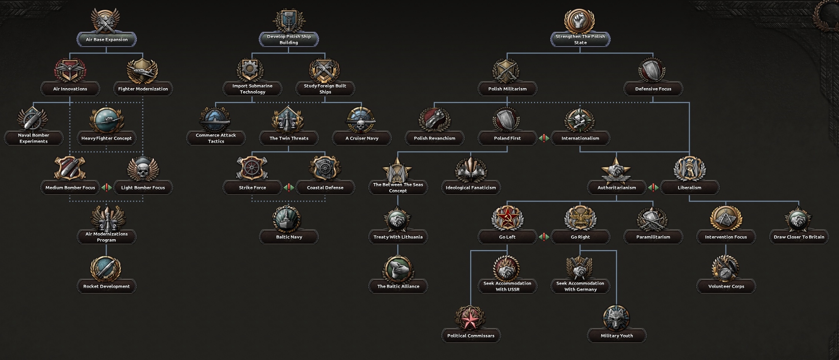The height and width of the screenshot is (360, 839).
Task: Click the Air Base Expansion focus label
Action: coord(107,39)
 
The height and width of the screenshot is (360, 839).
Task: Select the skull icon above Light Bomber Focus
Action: coord(143,170)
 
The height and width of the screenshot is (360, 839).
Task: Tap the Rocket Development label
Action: coord(106,286)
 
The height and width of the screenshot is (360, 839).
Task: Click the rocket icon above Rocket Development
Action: coord(106,268)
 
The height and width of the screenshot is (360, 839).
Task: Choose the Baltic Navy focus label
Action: coord(289,237)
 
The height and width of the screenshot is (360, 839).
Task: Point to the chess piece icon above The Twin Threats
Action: coord(288,120)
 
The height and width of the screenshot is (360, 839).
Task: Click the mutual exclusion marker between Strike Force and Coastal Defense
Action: coord(289,188)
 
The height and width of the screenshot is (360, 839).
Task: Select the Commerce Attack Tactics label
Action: coord(216,138)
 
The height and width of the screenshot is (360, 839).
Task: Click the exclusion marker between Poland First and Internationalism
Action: coord(544,138)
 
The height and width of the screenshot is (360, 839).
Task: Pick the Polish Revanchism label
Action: coord(434,138)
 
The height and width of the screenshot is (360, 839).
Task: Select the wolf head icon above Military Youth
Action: coord(616,318)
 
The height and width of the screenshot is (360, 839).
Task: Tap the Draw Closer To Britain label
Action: coord(799,237)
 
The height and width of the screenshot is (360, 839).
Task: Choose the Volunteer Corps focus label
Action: coord(726,286)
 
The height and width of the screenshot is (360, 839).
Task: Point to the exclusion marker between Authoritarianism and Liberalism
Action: coord(653,188)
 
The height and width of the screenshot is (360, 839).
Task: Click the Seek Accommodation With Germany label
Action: coord(580,286)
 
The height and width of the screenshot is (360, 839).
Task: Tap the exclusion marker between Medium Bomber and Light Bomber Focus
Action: coord(107,188)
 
